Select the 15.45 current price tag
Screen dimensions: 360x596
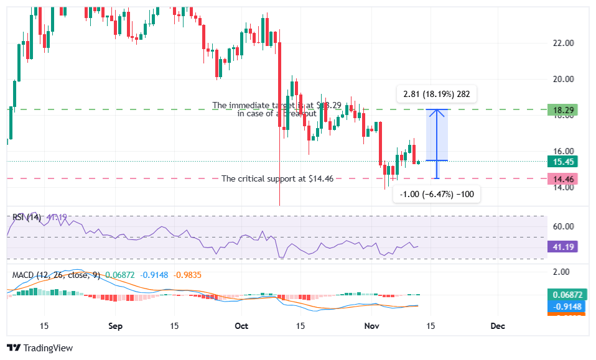(x=562, y=161)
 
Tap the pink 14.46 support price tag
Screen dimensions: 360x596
(x=562, y=179)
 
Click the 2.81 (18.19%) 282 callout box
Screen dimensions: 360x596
(x=436, y=95)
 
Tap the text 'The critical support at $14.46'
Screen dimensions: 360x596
(x=277, y=178)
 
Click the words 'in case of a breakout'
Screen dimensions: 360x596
(x=277, y=114)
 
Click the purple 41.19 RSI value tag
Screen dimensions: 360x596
(x=562, y=246)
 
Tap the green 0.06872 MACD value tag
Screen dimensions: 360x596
(x=562, y=295)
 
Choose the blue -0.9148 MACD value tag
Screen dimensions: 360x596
(x=562, y=306)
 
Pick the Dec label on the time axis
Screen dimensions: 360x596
(x=497, y=326)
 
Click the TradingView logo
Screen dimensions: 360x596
(x=40, y=348)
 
